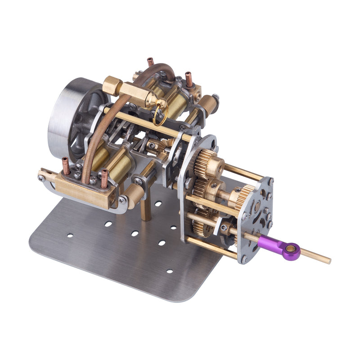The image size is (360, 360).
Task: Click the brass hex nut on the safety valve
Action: click(113, 86)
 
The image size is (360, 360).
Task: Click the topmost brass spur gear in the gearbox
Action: click(208, 160)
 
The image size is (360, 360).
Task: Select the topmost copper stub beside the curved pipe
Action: click(150, 63)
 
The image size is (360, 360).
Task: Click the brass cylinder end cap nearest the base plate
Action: click(135, 195)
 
